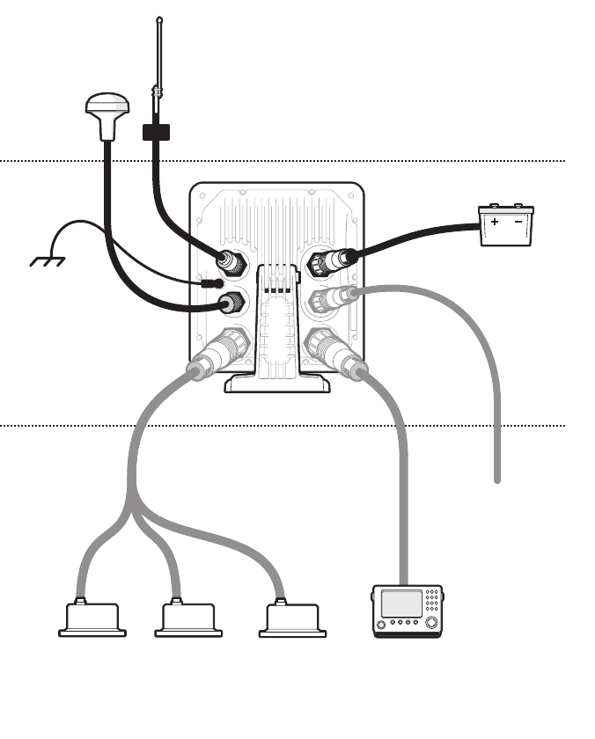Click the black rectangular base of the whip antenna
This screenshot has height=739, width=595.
pos(155,132)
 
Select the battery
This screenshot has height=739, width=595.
pos(505,225)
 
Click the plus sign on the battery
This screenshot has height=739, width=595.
pos(495,223)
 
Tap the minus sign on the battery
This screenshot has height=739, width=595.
pos(518,223)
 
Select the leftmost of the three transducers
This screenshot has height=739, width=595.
pos(92,618)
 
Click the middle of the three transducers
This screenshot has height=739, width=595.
pos(187,618)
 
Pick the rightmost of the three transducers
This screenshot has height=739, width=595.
pos(292,618)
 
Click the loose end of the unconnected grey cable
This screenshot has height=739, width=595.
pos(497,479)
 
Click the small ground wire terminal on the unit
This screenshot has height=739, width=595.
pos(210,283)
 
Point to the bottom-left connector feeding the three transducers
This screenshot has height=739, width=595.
pos(217,352)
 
